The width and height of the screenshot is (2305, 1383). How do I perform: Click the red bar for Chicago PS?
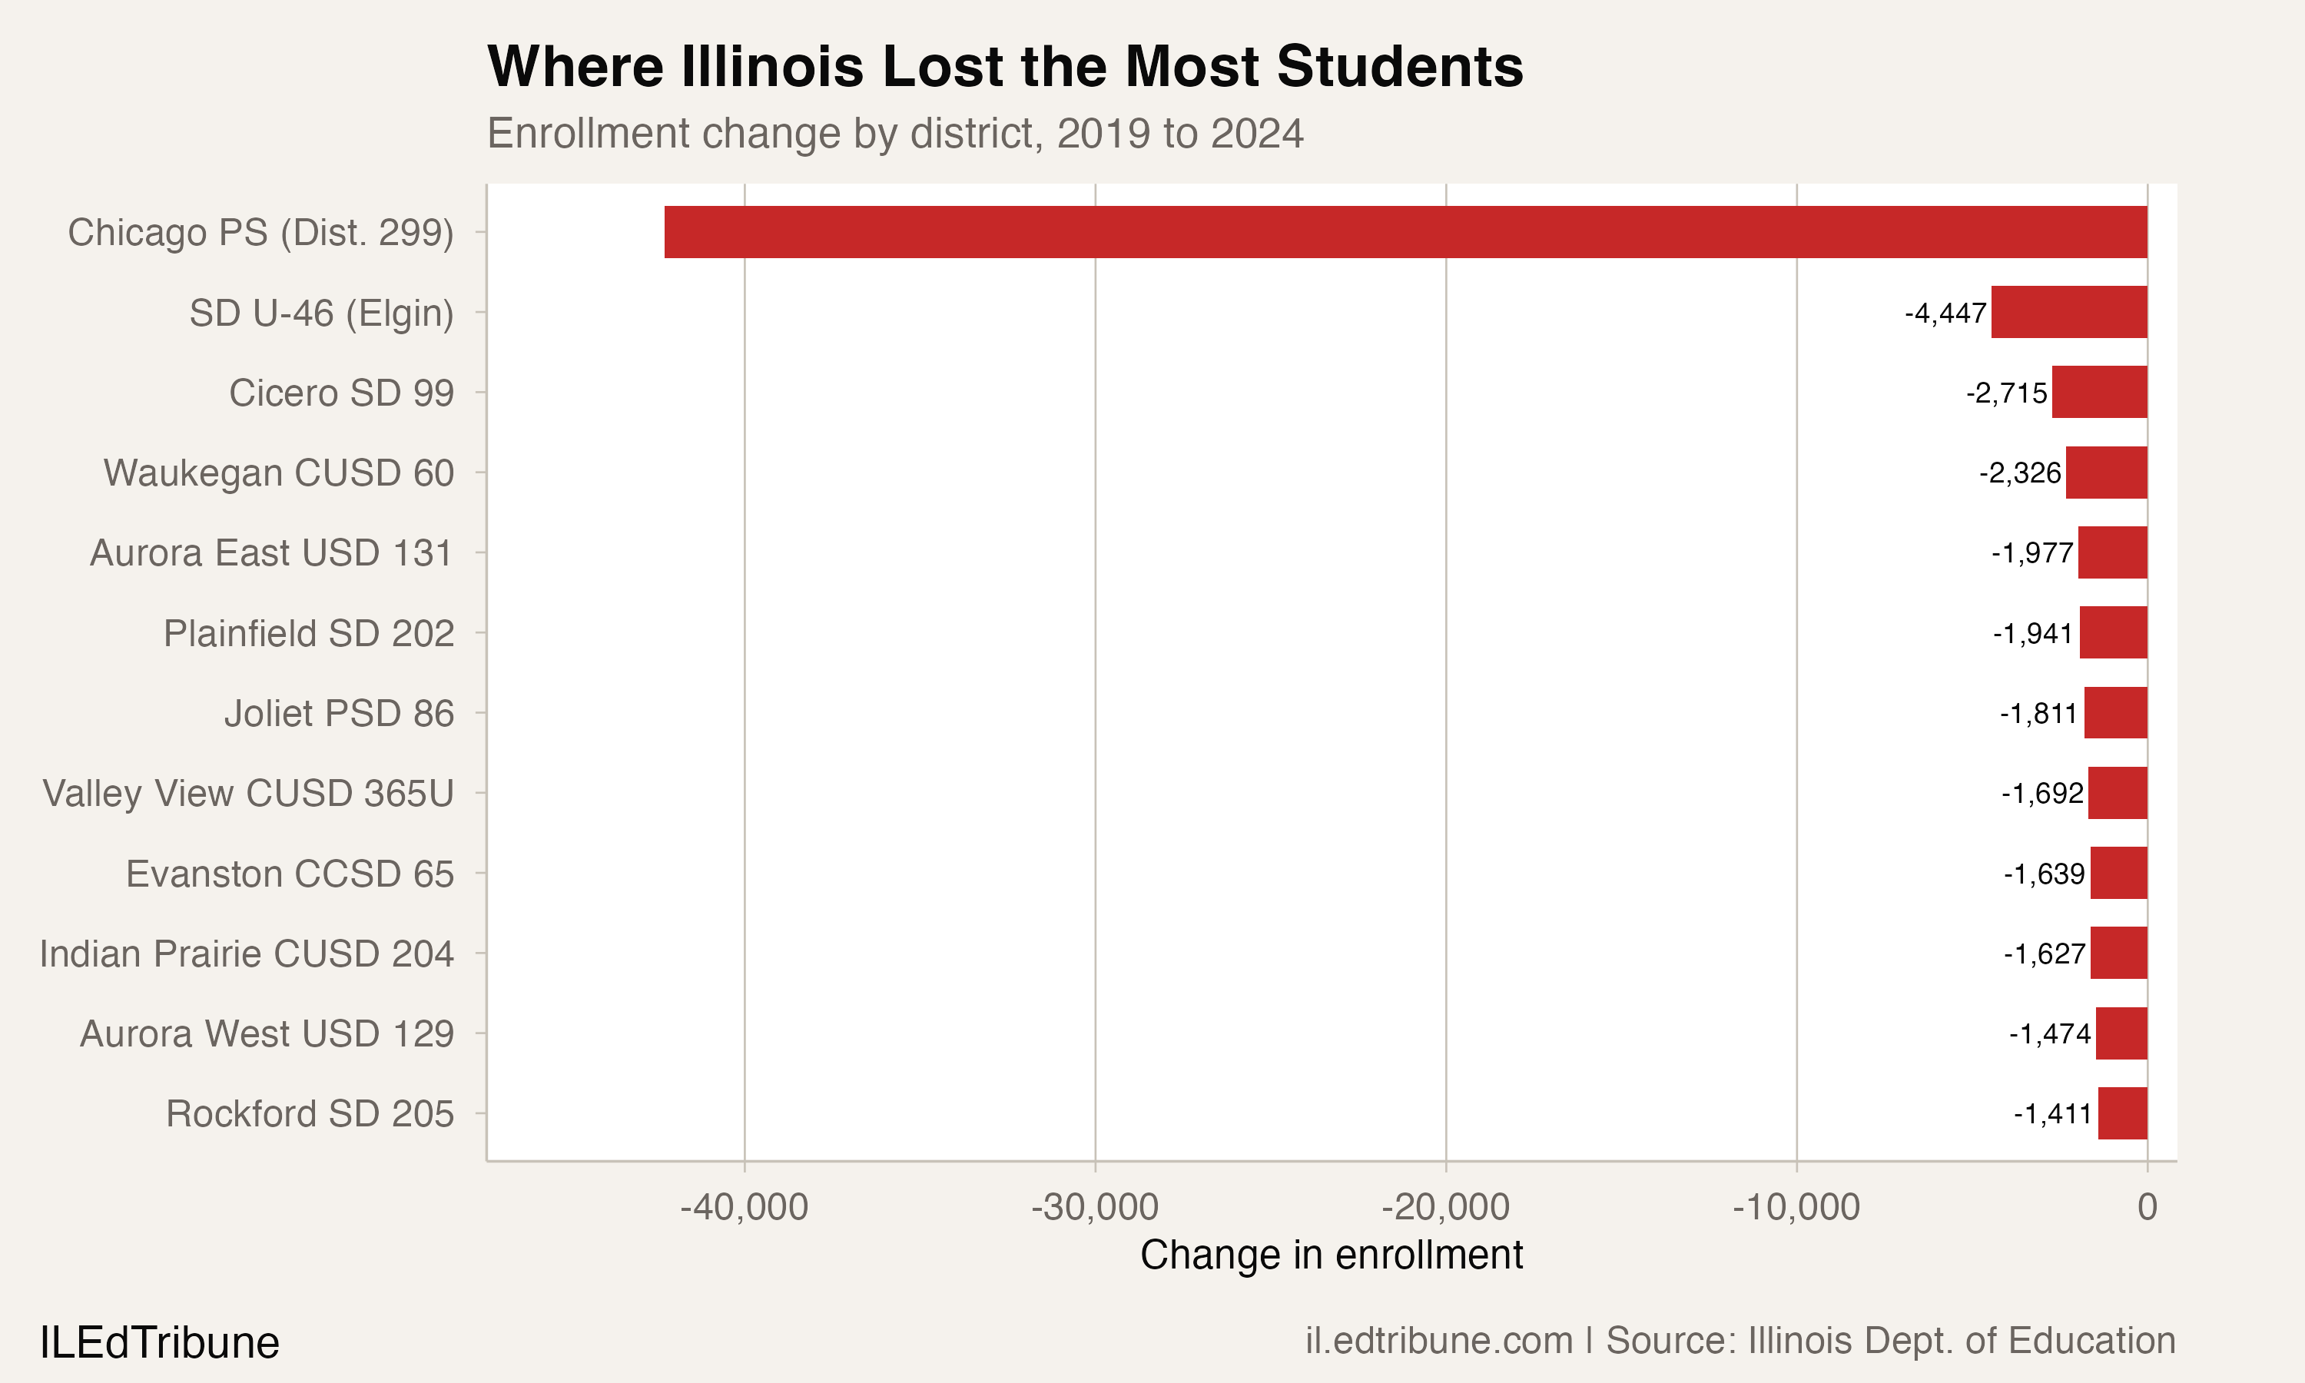tap(1405, 232)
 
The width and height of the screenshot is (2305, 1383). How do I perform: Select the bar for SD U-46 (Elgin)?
tap(2068, 312)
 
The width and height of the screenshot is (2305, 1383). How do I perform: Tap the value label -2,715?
tap(2006, 393)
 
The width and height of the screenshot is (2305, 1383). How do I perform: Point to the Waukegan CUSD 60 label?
tap(279, 473)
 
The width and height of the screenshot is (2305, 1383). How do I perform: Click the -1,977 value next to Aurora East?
tap(2032, 553)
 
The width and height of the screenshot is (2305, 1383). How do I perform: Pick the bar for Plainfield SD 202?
tap(2113, 633)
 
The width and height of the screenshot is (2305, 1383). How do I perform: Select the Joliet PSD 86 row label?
tap(339, 714)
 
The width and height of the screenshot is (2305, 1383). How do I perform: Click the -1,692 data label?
tap(2041, 794)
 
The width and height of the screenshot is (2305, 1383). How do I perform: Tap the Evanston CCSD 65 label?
tap(290, 874)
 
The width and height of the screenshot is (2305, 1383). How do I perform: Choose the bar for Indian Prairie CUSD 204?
tap(2118, 954)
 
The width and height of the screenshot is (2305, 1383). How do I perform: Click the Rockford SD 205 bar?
tap(2122, 1113)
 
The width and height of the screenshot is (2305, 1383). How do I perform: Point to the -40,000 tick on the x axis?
tap(744, 1208)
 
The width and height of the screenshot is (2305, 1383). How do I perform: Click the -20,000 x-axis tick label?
tap(1445, 1208)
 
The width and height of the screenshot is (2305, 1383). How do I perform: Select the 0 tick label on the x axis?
tap(2147, 1208)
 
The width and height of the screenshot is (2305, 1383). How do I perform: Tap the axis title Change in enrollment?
tap(1331, 1255)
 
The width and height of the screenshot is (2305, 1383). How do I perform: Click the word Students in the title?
tap(1399, 67)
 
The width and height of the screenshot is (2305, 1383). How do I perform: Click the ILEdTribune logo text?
tap(159, 1343)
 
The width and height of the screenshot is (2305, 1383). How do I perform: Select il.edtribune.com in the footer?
tap(1438, 1341)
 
